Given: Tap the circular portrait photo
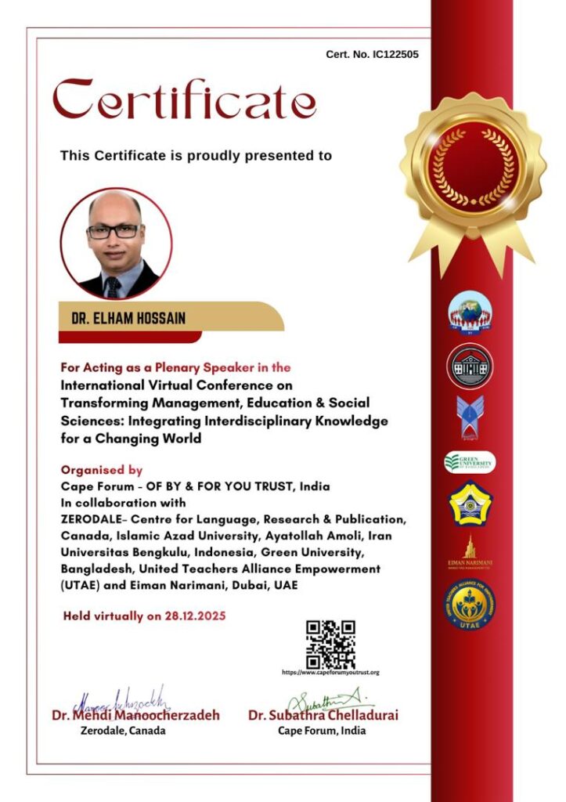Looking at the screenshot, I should pos(117,243).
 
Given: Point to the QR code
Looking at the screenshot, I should pos(330,644).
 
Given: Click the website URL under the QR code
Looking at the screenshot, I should pos(330,673).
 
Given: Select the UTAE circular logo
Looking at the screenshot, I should pos(470,605).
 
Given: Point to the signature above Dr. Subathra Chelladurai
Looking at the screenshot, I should pos(323,699).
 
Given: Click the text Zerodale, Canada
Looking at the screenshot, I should pos(123,731).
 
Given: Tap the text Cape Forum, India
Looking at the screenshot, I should pos(322,731).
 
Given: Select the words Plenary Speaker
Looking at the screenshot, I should pos(215,367).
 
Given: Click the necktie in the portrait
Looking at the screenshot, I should pos(114,287).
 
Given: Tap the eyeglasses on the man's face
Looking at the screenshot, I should pos(114,232).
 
